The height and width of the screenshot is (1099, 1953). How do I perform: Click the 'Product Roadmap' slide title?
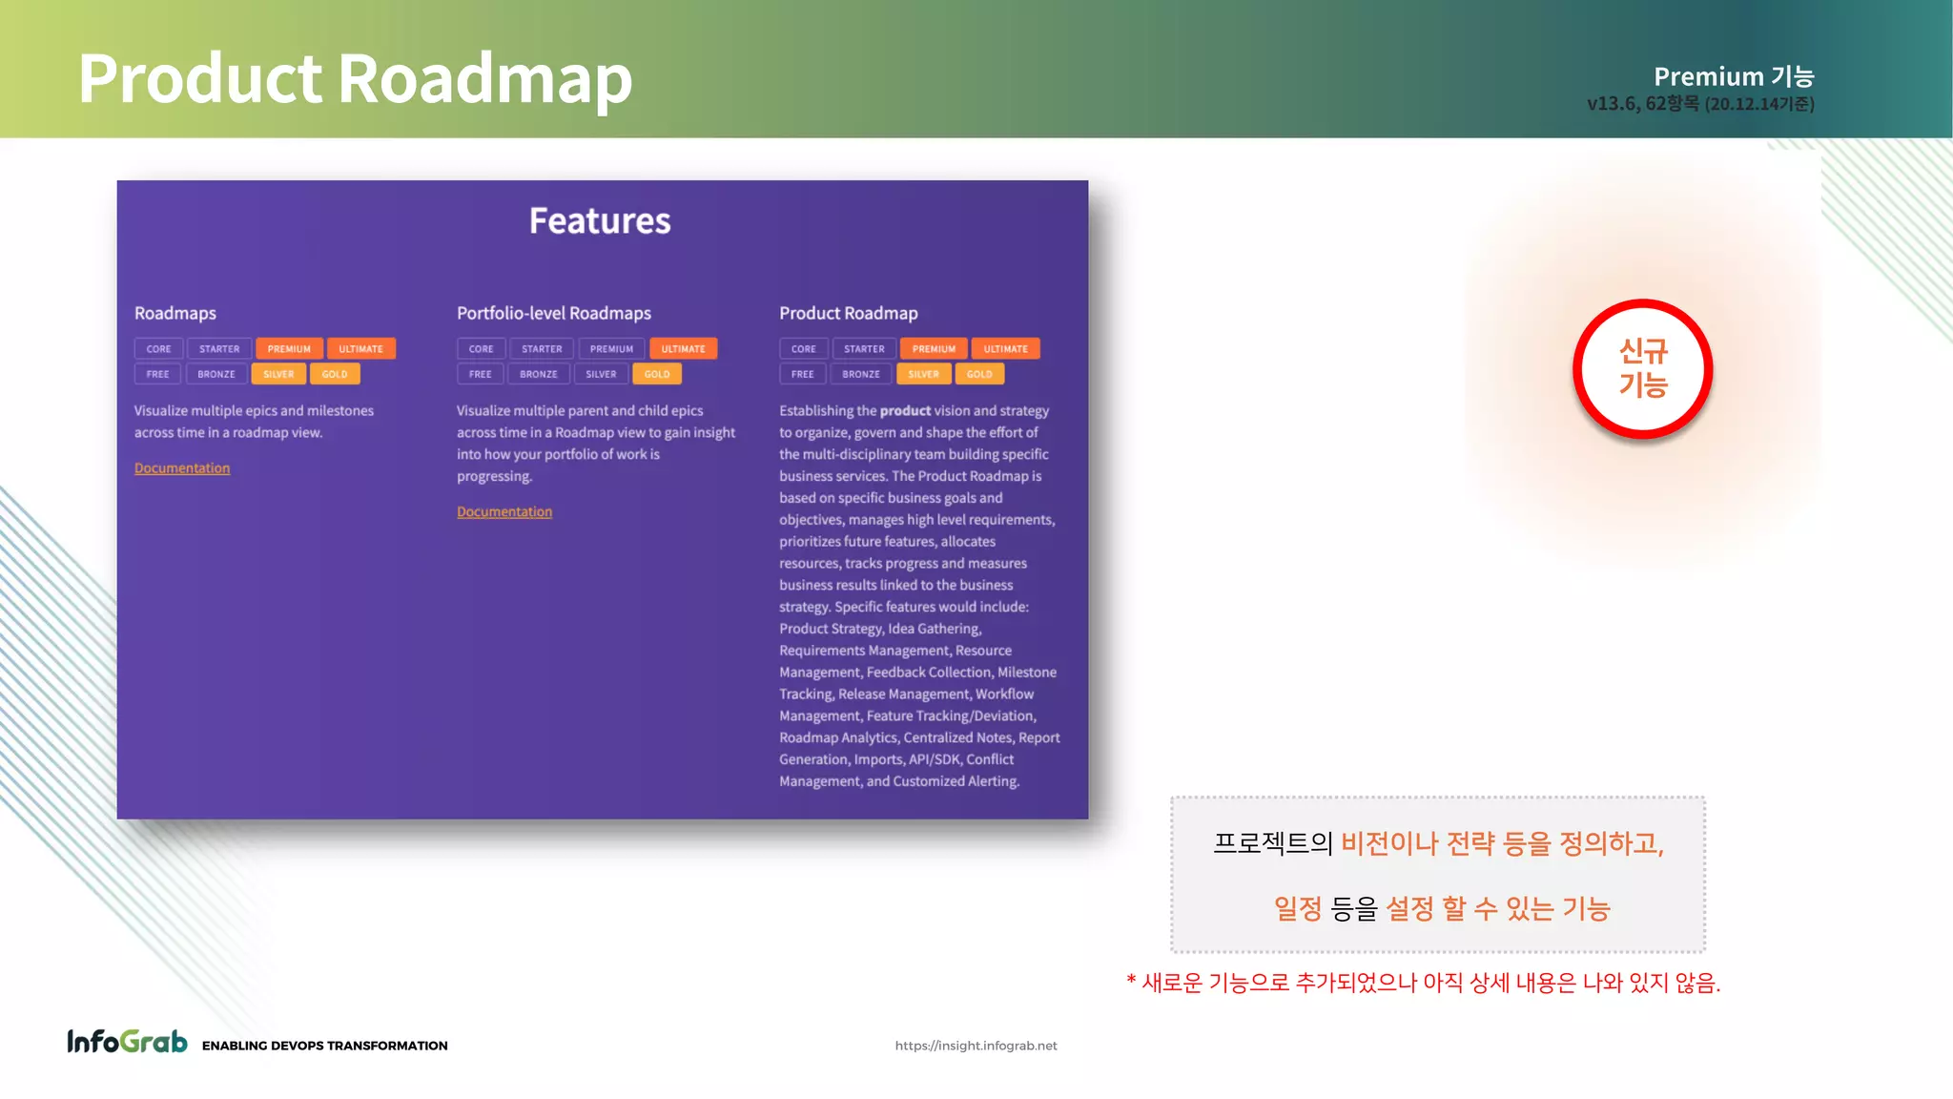tap(355, 78)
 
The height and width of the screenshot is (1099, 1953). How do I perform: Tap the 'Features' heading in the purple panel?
tap(600, 221)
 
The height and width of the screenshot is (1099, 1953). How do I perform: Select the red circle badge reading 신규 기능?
tap(1642, 369)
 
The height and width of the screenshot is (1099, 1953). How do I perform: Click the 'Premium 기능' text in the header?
tap(1733, 76)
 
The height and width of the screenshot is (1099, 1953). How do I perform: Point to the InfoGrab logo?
tap(127, 1042)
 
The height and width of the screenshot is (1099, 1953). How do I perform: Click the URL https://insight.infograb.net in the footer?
tap(976, 1046)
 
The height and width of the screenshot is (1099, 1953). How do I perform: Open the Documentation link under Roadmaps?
tap(182, 468)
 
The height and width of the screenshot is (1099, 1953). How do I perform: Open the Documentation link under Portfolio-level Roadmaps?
tap(504, 512)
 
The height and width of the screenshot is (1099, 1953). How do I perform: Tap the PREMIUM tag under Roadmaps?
tap(289, 349)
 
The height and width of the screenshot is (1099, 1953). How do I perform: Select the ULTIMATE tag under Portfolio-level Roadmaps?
tap(683, 349)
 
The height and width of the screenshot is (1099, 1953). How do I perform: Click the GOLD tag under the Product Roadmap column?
tap(979, 374)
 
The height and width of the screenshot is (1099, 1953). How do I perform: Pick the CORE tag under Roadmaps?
tap(159, 349)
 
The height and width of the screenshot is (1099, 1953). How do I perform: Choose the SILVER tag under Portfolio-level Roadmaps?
tap(601, 374)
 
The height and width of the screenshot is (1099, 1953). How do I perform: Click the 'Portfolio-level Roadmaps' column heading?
tap(554, 313)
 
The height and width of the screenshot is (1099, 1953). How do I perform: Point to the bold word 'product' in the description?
tap(905, 411)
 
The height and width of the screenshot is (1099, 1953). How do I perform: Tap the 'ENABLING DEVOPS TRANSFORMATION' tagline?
tap(324, 1046)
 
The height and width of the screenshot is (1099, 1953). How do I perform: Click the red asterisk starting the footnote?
tap(1131, 982)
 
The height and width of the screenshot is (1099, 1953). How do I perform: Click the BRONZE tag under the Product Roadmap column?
tap(861, 374)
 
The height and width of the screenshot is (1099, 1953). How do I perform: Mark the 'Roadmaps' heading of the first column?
tap(175, 313)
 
